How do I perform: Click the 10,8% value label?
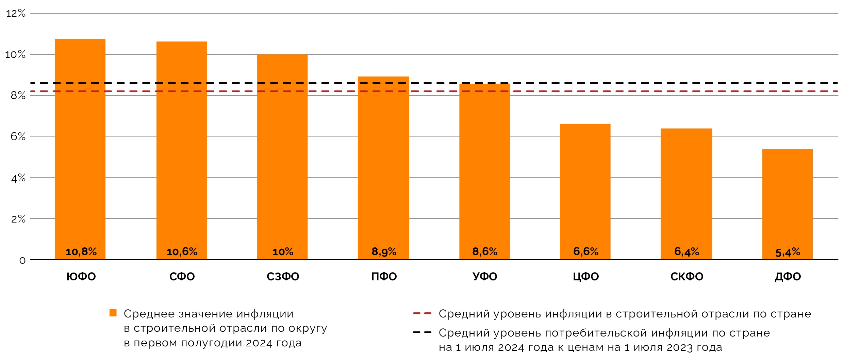(x=81, y=252)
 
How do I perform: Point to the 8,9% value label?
(x=384, y=252)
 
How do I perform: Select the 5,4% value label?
(x=788, y=252)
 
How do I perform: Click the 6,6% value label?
(x=585, y=251)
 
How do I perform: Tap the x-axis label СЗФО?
(x=283, y=277)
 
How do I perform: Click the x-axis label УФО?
(x=485, y=277)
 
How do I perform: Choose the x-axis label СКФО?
(x=687, y=277)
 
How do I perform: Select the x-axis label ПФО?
(x=384, y=277)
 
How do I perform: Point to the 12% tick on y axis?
(x=16, y=14)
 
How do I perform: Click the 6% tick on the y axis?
(x=18, y=136)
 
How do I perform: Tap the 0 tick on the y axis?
(x=22, y=260)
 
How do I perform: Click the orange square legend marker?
(x=113, y=313)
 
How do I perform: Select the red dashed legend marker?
(x=422, y=313)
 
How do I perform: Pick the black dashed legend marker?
(x=422, y=332)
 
